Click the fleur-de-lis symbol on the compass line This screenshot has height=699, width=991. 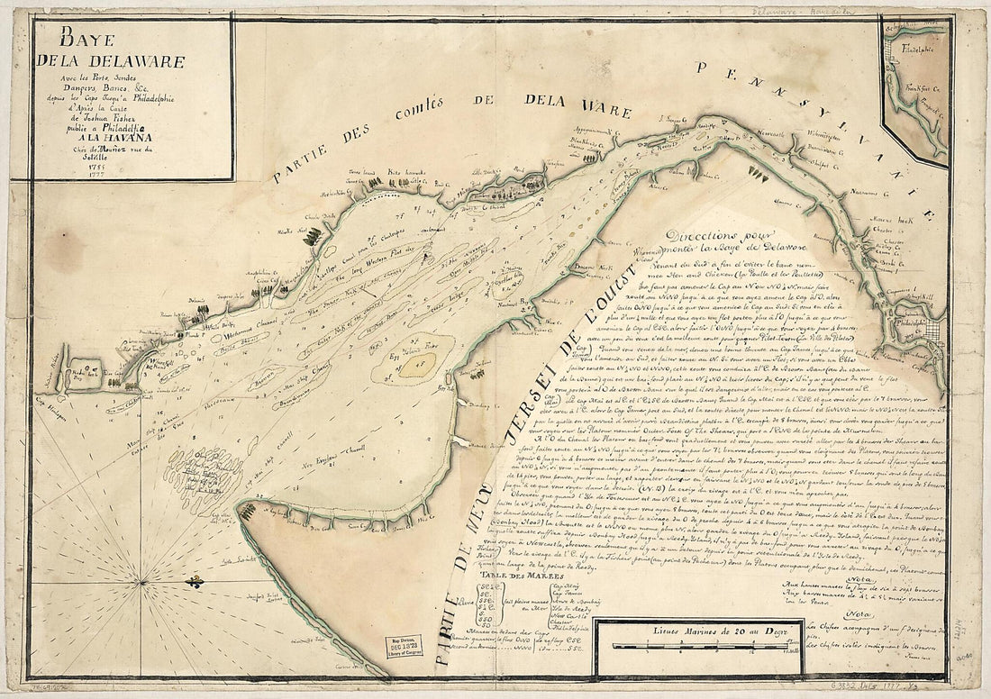tap(195, 584)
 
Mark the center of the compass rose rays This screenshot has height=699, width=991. tap(144, 584)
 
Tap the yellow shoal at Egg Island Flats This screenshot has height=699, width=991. tap(418, 365)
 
